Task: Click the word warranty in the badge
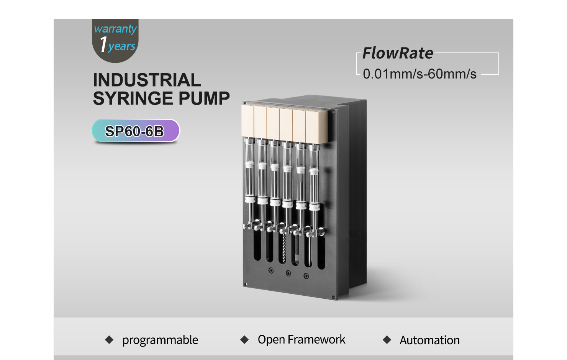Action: [115, 29]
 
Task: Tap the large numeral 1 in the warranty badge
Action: [103, 44]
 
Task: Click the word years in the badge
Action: [122, 46]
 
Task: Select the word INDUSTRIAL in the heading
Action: [147, 80]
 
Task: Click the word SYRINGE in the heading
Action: [133, 98]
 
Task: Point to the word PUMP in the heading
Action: [204, 98]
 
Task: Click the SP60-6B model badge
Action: [136, 131]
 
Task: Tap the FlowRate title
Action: [398, 53]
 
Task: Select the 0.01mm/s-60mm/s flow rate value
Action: [420, 74]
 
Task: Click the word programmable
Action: [160, 340]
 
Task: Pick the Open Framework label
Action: [301, 339]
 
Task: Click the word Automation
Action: [429, 340]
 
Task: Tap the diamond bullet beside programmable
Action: [109, 340]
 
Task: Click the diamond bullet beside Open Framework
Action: [244, 340]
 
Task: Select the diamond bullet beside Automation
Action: [387, 340]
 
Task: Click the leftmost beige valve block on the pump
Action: [247, 121]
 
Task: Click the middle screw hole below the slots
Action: [288, 273]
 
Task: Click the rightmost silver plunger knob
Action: [321, 231]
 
